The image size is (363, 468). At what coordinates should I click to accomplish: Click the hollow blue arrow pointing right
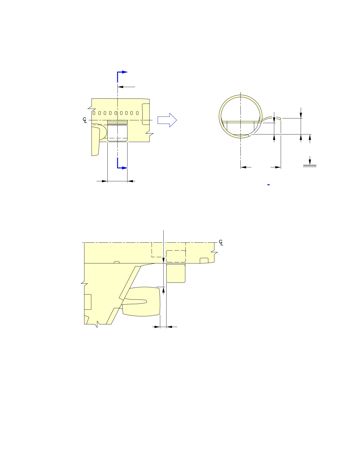tap(167, 120)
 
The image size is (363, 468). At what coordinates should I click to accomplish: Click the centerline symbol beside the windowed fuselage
tap(85, 120)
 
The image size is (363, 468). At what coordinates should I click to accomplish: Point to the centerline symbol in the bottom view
tap(221, 242)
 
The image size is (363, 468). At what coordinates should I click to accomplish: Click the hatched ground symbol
tap(309, 166)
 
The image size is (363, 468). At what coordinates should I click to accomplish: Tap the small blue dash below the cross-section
tap(268, 185)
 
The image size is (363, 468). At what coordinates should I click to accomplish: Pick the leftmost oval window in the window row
tap(94, 113)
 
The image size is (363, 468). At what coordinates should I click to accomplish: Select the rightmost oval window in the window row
tap(137, 113)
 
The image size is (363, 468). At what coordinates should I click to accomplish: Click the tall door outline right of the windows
tap(146, 114)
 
